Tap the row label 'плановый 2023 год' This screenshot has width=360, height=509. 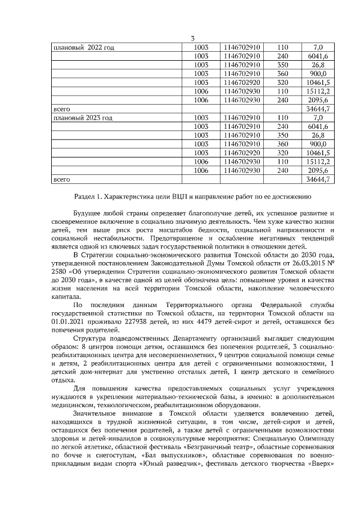82,118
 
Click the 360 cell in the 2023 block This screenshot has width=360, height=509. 282,145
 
